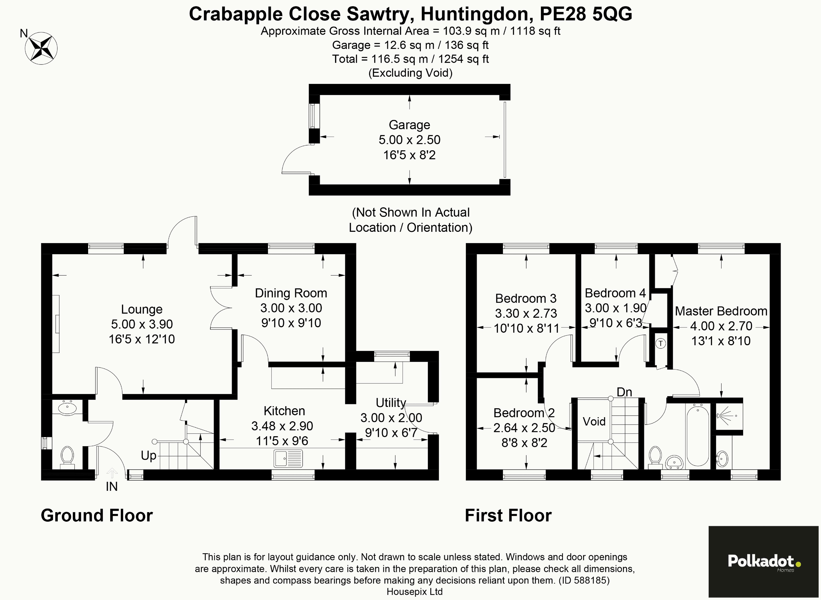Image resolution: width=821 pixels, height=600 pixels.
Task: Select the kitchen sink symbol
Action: point(288,458)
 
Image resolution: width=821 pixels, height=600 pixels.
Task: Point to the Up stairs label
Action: point(149,455)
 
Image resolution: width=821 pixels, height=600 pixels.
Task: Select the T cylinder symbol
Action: point(660,343)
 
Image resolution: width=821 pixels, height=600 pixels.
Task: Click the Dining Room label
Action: point(291,293)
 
